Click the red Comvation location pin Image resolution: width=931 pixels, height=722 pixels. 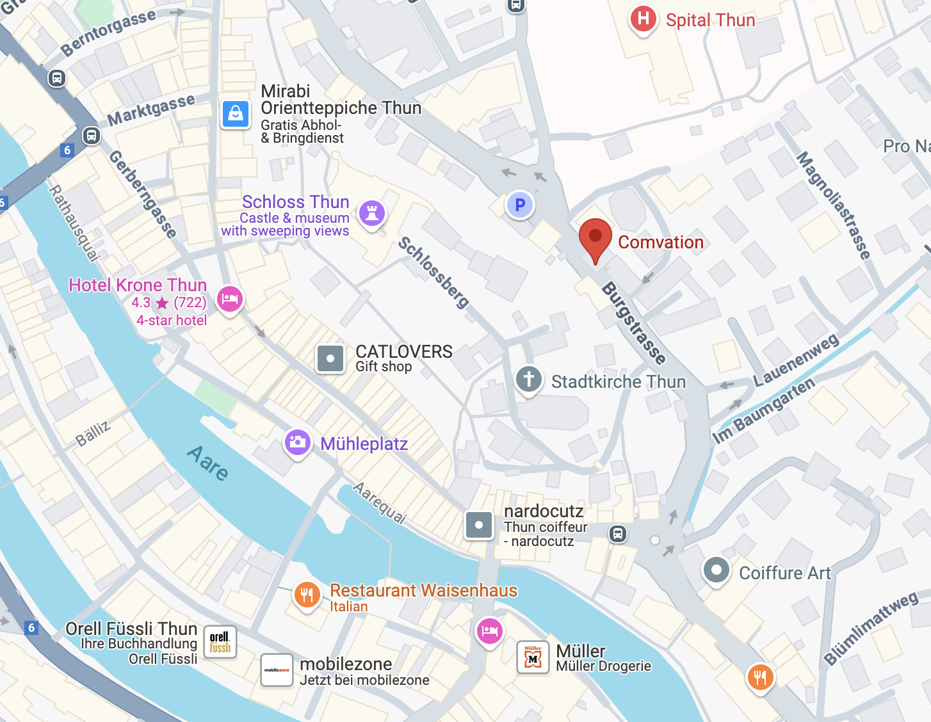pos(595,237)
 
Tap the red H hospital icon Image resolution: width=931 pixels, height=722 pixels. pos(644,19)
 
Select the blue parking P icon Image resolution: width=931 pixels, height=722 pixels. pos(520,205)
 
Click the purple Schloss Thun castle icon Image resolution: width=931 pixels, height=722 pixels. pos(372,212)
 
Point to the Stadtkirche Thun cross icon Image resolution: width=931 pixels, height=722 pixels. pos(529,379)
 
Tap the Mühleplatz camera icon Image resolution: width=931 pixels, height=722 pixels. pos(297,442)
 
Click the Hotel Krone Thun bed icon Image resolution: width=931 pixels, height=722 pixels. pos(230,299)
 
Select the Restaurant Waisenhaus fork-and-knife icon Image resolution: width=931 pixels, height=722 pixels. pos(307,595)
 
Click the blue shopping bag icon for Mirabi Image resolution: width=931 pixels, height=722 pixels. pos(236,114)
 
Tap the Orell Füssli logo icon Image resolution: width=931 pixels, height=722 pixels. pos(220,642)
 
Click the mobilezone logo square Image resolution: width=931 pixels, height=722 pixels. pos(277,670)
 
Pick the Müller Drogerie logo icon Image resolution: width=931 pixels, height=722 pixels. pos(533,657)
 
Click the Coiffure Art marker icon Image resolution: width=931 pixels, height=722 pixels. pos(716,570)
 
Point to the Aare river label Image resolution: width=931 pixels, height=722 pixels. pos(208,463)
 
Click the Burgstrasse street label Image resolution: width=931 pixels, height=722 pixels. pos(634,323)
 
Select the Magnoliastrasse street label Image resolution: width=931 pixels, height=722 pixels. pos(833,205)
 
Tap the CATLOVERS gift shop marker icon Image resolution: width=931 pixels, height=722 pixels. pos(330,358)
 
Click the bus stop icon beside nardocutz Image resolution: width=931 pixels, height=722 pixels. pos(618,533)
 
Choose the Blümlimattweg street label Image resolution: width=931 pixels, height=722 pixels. pos(871,629)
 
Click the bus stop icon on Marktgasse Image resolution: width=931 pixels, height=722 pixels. pos(92,136)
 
